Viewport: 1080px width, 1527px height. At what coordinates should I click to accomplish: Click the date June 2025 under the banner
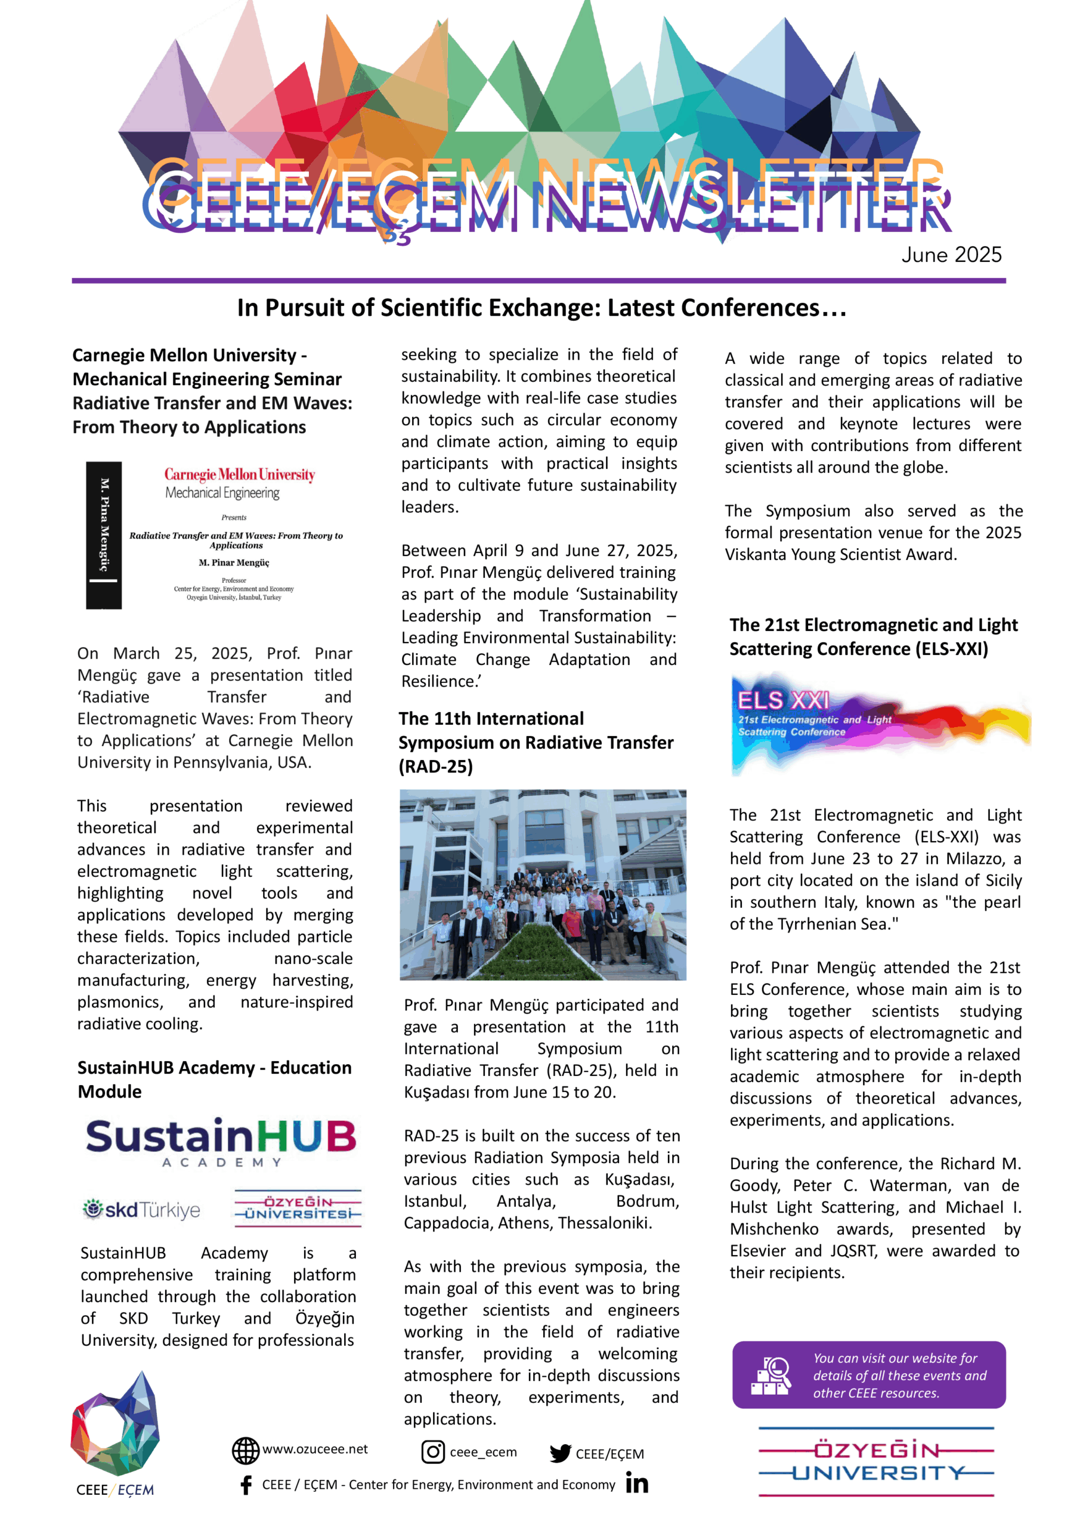pyautogui.click(x=951, y=255)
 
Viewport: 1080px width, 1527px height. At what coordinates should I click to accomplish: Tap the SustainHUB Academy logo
pyautogui.click(x=221, y=1141)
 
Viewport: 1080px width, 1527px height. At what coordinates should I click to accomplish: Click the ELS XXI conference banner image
pyautogui.click(x=880, y=722)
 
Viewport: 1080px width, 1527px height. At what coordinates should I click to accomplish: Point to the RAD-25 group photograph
pyautogui.click(x=543, y=885)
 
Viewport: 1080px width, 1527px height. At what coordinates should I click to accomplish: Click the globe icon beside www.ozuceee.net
pyautogui.click(x=245, y=1451)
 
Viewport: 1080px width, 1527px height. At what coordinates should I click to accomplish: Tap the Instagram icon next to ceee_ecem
pyautogui.click(x=433, y=1451)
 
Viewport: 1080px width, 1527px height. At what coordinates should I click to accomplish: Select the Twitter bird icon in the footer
pyautogui.click(x=560, y=1453)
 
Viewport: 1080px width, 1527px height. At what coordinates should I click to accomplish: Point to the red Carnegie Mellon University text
pyautogui.click(x=239, y=474)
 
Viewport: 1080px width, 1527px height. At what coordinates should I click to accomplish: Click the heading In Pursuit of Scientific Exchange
pyautogui.click(x=541, y=308)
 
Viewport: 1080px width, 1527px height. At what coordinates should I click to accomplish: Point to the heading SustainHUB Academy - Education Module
pyautogui.click(x=214, y=1080)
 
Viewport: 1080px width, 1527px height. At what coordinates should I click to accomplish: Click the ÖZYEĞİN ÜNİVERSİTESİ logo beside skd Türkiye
pyautogui.click(x=298, y=1208)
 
